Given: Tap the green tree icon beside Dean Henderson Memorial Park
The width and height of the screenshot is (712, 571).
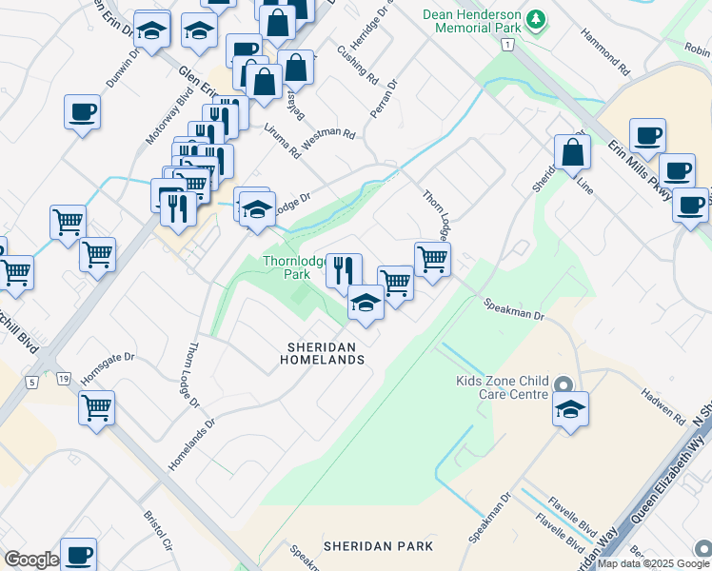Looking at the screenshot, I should pos(537,19).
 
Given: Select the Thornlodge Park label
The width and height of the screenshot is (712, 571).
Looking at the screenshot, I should pos(293,267).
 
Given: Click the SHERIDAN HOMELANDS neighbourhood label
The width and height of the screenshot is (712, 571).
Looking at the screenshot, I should pos(322,354).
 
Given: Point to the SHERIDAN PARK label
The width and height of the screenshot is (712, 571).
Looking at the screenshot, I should pos(378,546).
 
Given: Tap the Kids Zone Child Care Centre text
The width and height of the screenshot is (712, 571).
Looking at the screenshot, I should pos(502,387).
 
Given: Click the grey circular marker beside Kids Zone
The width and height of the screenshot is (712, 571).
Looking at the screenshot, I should pos(564,385).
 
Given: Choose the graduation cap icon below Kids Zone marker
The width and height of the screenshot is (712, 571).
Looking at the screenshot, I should pos(569,410).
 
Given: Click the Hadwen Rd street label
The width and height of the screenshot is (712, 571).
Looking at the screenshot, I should pos(663,406).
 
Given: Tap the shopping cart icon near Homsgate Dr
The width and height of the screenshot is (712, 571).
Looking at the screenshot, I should pos(96,408).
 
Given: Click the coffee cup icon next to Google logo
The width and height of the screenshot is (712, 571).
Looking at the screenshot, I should pos(78,555).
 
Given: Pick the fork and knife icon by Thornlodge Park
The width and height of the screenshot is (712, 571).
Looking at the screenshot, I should pos(344,269).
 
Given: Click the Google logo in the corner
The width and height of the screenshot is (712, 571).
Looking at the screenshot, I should pos(31,560).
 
